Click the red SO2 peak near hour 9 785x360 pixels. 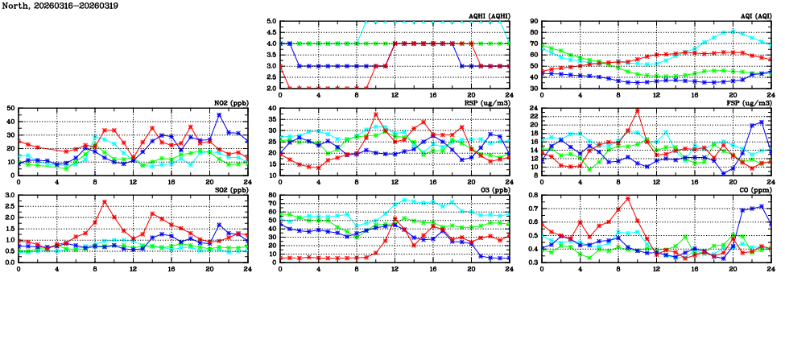105,201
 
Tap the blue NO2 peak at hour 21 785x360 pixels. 219,115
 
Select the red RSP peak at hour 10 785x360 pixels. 376,114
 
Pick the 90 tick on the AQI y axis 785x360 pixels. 534,22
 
